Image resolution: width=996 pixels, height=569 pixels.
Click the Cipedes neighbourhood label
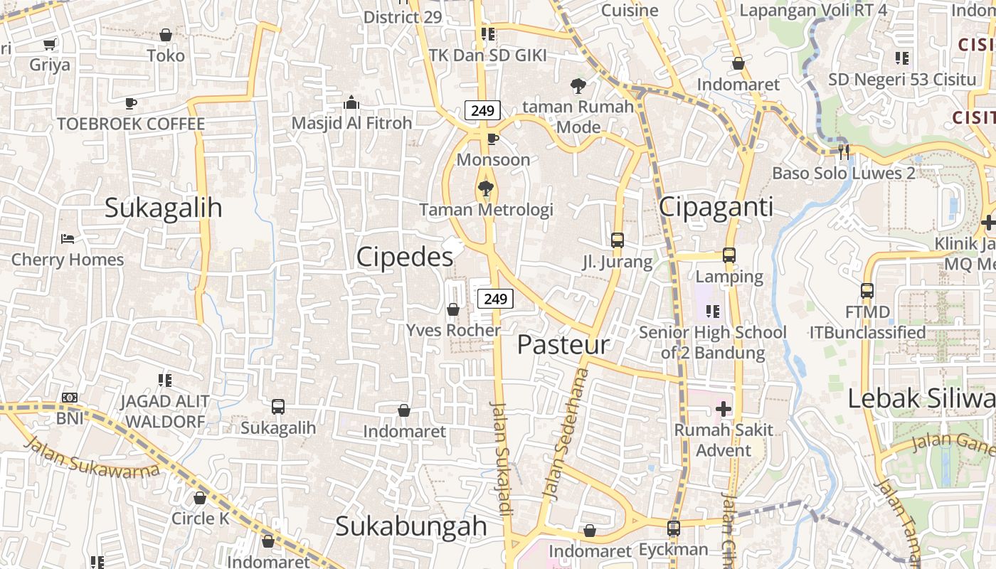(404, 257)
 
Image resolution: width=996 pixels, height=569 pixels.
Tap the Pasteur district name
(563, 345)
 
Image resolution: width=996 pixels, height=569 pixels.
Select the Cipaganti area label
(716, 207)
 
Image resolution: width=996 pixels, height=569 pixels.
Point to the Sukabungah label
(410, 526)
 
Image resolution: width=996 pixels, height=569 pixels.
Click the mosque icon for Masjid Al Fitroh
(351, 103)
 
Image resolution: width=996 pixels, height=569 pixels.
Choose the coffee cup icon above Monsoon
(493, 139)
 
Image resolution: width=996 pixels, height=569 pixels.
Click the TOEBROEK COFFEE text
(131, 124)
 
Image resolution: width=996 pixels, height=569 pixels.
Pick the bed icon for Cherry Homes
(68, 239)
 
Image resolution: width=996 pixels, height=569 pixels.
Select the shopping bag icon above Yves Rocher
(452, 309)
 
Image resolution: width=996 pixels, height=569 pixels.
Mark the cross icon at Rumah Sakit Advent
(724, 409)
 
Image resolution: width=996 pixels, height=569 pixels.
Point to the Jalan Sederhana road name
(565, 434)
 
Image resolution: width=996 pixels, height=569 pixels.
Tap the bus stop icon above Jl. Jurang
(618, 240)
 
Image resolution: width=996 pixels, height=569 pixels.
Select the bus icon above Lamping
(729, 255)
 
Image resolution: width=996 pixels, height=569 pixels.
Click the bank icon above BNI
(70, 398)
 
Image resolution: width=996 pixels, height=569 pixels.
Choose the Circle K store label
(200, 519)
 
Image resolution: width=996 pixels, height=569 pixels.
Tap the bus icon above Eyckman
(673, 528)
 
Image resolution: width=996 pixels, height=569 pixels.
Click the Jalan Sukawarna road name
(92, 457)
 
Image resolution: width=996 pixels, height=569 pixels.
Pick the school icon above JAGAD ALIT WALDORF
(165, 381)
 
